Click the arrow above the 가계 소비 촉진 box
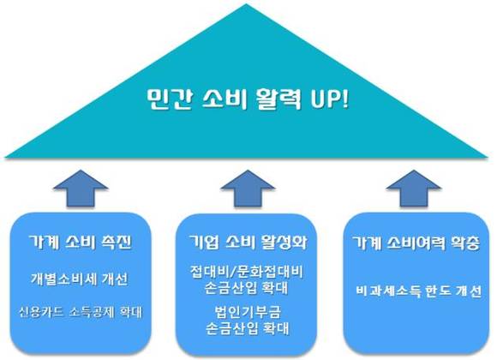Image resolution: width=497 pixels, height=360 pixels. tap(81, 189)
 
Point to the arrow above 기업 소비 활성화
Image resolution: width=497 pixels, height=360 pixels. tap(248, 189)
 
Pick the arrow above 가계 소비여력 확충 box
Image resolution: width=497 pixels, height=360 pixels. tap(414, 189)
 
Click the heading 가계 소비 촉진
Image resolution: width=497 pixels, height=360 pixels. tap(81, 243)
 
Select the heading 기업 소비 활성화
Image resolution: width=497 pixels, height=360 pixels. tap(248, 243)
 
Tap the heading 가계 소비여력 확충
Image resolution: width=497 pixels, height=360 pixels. tap(416, 243)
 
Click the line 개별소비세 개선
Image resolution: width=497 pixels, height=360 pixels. tap(79, 279)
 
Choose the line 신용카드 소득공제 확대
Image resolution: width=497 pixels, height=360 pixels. tap(81, 312)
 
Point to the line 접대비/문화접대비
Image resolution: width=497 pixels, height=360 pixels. tap(247, 272)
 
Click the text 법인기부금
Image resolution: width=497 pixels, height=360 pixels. tap(248, 312)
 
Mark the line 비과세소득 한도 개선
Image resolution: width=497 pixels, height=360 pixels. tap(418, 291)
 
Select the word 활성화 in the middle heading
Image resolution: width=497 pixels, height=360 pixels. tap(284, 243)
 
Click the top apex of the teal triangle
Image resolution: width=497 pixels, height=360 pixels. tap(246, 3)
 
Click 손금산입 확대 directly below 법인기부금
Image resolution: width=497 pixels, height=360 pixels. tap(248, 328)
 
